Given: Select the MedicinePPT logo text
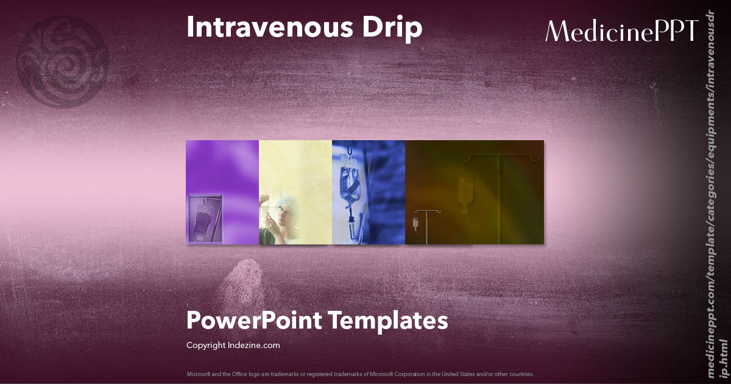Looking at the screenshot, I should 621,30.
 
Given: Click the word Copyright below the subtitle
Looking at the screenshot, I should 207,345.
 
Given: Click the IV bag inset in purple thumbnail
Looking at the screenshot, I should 205,218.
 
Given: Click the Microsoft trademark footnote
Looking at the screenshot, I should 361,374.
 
